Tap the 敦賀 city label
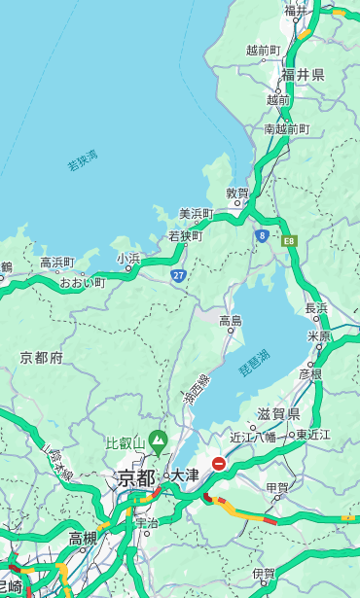(x=238, y=193)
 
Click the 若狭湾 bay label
(x=83, y=160)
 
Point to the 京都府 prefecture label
(x=41, y=358)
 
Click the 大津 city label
(x=185, y=475)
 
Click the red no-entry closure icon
(x=220, y=465)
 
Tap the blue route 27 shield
(x=179, y=276)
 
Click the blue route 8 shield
(x=262, y=235)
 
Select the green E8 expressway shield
(x=289, y=239)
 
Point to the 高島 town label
(x=231, y=321)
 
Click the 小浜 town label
(x=128, y=259)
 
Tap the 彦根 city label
(x=310, y=373)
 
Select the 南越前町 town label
(x=286, y=128)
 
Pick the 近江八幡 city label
(x=255, y=436)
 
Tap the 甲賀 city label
(x=277, y=487)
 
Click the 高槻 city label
(x=83, y=538)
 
